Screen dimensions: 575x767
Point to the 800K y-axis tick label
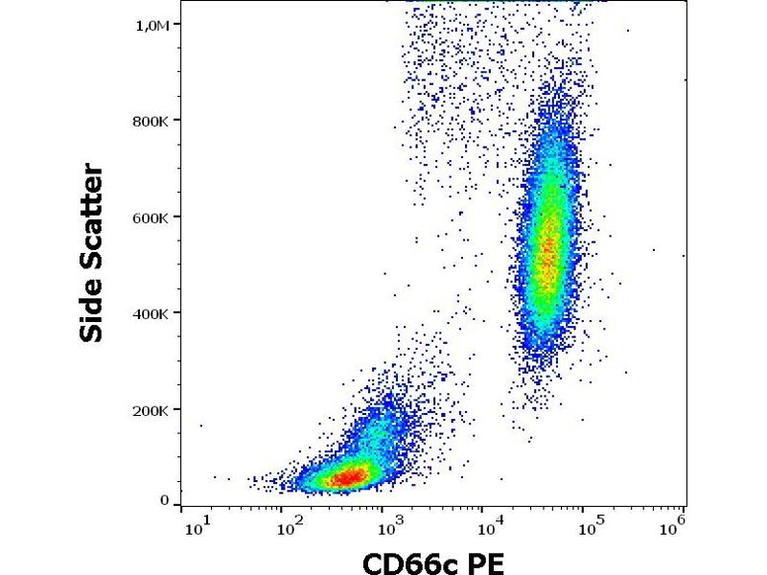(151, 121)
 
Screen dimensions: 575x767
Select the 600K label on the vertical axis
(151, 218)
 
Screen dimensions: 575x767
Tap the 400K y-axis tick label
(151, 313)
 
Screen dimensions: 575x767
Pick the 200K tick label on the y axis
(151, 409)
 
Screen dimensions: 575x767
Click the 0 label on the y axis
(164, 500)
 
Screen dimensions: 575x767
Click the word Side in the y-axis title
(92, 309)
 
